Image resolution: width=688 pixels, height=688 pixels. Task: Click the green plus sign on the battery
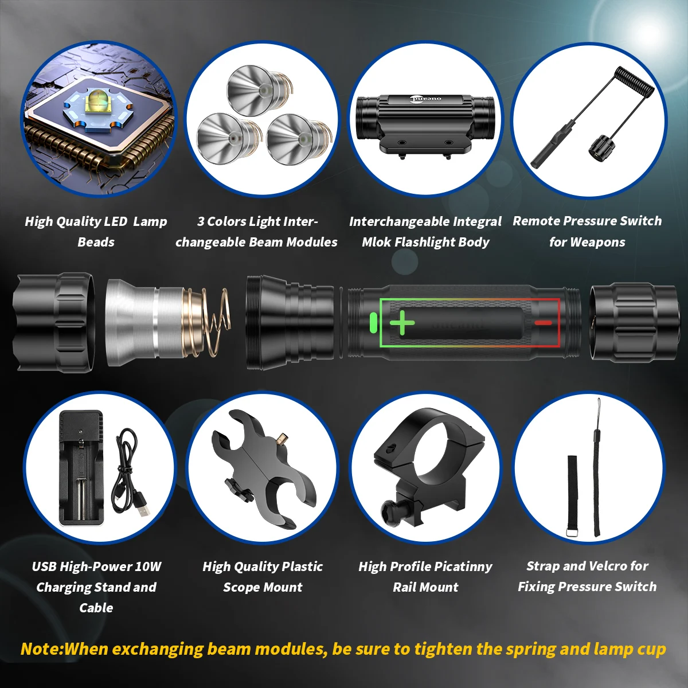click(x=402, y=323)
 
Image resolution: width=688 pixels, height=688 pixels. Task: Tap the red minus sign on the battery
click(x=543, y=323)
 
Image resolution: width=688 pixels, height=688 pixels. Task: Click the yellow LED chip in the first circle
click(x=95, y=105)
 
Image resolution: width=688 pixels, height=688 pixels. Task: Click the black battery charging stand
click(x=82, y=467)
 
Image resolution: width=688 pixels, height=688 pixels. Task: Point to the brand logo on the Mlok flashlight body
click(x=426, y=99)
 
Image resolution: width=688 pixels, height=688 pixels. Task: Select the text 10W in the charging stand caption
click(x=148, y=566)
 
